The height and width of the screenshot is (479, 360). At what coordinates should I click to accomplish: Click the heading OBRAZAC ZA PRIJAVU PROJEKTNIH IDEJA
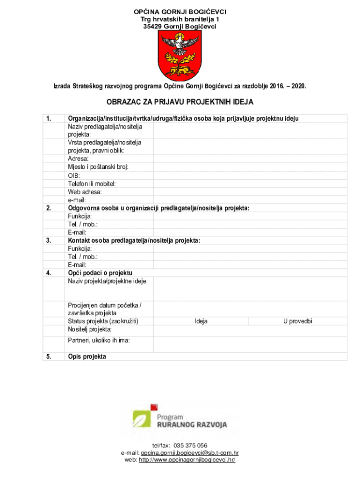tap(180, 102)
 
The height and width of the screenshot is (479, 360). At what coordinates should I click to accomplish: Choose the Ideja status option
tap(201, 321)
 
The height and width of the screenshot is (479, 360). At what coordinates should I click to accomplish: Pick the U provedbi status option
tap(297, 321)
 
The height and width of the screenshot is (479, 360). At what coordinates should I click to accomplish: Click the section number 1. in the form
tap(49, 118)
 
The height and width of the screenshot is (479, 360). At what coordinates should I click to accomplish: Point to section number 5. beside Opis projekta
tap(49, 356)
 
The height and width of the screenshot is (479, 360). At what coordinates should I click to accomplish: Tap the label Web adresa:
tap(85, 192)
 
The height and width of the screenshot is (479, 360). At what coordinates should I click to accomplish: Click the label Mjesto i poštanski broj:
tap(98, 167)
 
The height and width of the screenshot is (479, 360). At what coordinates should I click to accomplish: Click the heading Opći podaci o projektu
tap(100, 273)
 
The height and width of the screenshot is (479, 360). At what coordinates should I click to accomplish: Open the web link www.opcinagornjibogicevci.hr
tap(187, 460)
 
